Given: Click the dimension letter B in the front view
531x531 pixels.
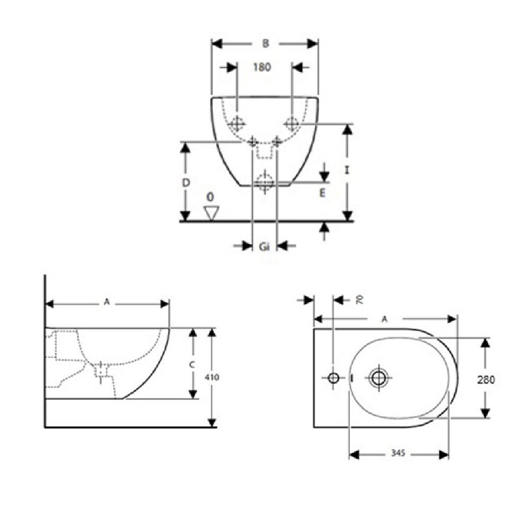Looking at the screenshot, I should click(x=265, y=43).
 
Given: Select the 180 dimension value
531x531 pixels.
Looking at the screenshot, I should click(x=262, y=67).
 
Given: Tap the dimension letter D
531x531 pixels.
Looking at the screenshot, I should click(x=186, y=182).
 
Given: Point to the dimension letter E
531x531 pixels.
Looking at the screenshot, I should click(x=322, y=194).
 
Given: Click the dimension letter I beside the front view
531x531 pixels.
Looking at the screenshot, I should click(x=346, y=170).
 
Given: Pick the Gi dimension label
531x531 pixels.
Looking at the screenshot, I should click(x=264, y=247).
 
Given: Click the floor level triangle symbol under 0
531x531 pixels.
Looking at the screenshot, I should click(x=211, y=212).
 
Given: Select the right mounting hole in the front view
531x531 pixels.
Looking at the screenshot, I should click(x=292, y=122).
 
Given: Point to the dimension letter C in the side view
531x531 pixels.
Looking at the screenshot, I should click(x=192, y=364).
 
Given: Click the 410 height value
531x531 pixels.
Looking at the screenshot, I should click(x=214, y=377).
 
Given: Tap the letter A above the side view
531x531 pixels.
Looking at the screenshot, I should click(x=107, y=302).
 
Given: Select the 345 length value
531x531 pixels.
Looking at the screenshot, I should click(x=399, y=454).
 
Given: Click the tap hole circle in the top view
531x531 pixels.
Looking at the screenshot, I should click(x=333, y=377).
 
